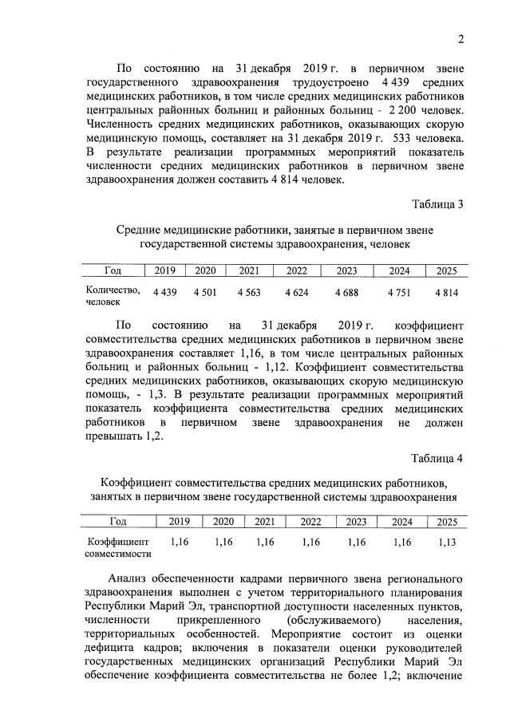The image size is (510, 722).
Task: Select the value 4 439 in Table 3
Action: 165,293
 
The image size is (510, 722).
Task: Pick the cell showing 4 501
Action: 205,293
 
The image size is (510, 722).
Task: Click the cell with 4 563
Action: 249,293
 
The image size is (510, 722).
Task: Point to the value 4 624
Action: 297,293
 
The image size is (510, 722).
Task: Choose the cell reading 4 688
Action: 346,293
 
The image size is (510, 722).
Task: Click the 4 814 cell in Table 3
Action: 447,293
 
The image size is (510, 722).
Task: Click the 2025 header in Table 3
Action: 447,271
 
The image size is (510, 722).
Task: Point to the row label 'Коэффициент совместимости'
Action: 118,547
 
